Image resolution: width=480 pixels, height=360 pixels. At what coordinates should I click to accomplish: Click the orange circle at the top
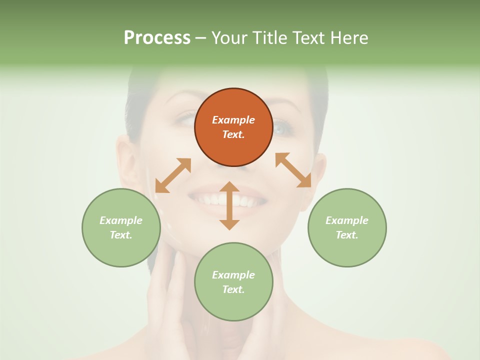point(233,127)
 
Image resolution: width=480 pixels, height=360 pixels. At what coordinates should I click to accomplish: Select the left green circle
point(121,227)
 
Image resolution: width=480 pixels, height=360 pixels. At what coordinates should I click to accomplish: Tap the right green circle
point(347,227)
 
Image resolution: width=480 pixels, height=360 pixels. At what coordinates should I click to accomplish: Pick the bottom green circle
point(233,282)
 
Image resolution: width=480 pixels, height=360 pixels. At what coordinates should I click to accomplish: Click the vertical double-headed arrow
point(229,205)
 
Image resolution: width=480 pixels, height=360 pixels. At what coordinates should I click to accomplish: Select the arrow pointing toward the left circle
point(173,175)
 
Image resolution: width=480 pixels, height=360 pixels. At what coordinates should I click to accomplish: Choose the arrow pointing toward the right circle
point(293,170)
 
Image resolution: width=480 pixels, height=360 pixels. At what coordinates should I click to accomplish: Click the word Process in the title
point(157,37)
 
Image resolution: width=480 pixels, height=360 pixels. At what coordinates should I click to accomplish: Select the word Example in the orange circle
point(233,120)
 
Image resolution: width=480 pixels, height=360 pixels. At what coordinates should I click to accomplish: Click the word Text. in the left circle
point(121,235)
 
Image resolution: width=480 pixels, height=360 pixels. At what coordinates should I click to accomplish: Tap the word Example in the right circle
point(347,220)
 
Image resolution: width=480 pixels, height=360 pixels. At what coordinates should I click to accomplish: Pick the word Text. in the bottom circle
point(233,289)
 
